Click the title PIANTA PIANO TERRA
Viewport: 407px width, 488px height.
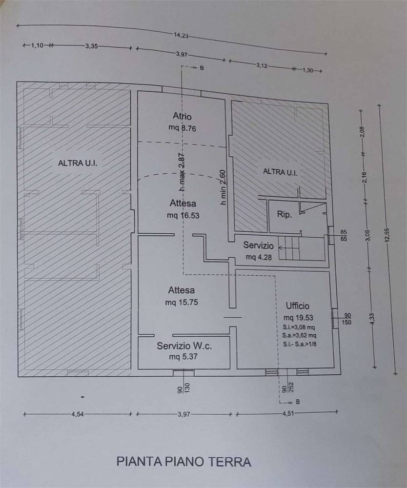click(x=183, y=462)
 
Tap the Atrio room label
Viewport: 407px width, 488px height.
click(x=182, y=116)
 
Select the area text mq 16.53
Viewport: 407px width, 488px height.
click(x=183, y=215)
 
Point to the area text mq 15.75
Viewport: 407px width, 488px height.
click(x=182, y=302)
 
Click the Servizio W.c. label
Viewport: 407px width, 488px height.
click(x=184, y=346)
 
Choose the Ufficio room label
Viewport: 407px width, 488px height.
click(x=298, y=305)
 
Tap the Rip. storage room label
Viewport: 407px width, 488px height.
click(x=285, y=214)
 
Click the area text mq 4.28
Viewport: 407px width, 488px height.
click(x=259, y=257)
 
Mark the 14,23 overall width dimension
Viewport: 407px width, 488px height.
click(x=182, y=36)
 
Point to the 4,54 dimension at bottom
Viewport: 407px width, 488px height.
click(x=78, y=414)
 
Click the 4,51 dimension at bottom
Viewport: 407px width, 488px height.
click(x=287, y=413)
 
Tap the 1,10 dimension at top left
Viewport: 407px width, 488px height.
click(x=38, y=45)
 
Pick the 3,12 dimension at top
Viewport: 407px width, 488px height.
click(x=262, y=66)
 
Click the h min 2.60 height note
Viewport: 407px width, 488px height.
click(x=223, y=187)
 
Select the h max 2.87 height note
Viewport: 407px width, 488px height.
click(x=183, y=172)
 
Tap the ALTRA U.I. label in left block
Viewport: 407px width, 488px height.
click(x=78, y=163)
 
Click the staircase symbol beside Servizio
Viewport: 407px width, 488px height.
click(x=289, y=248)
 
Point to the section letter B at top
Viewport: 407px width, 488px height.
click(x=202, y=67)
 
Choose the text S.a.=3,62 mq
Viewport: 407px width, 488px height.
click(x=299, y=335)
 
